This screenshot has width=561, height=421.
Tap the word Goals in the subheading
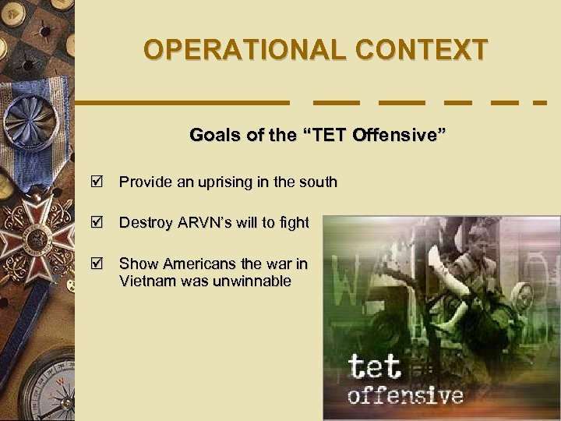pos(214,136)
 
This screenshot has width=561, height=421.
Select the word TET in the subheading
pos(322,136)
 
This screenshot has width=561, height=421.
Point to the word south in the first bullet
pos(318,182)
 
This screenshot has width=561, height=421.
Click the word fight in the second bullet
pos(294,224)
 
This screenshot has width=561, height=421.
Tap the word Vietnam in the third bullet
pos(146,281)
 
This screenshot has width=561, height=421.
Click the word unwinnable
pos(252,281)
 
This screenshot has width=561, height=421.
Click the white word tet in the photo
pos(374,366)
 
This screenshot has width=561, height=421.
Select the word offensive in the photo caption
pos(405,395)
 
